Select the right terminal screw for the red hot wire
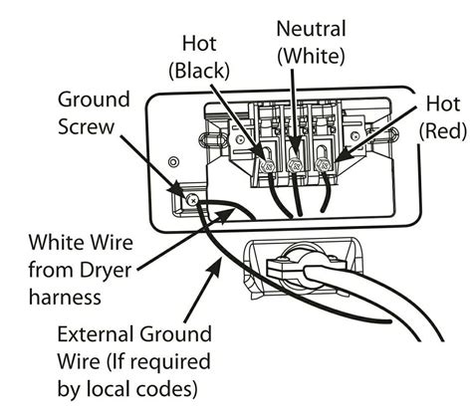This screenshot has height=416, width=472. click(324, 154)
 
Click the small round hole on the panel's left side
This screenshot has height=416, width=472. click(175, 161)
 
